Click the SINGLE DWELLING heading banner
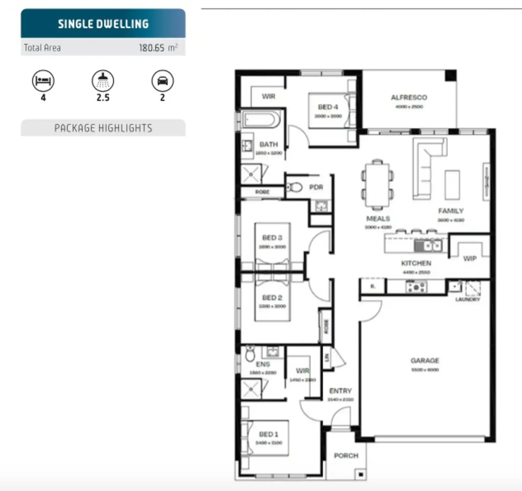[x=103, y=24]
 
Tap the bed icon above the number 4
[x=43, y=81]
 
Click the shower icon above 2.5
[x=103, y=81]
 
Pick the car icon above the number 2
[x=162, y=81]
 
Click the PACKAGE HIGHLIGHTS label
[x=103, y=128]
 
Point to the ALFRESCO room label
[x=409, y=98]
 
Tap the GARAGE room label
[x=425, y=360]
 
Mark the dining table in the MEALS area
[x=377, y=184]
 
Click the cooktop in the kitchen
[x=416, y=287]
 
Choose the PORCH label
[x=346, y=456]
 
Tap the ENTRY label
[x=340, y=391]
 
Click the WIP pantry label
[x=470, y=259]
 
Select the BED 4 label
[x=328, y=107]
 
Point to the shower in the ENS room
[x=251, y=389]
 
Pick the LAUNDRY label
[x=467, y=299]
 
